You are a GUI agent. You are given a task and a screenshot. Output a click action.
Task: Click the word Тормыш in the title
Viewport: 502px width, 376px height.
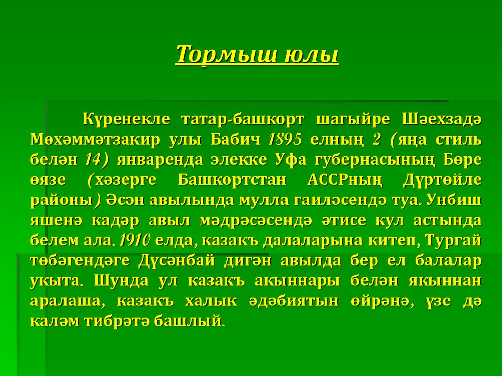point(224,54)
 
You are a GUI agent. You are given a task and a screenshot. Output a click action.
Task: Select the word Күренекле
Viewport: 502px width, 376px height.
point(125,119)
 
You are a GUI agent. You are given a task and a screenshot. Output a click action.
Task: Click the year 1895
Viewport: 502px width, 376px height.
point(284,140)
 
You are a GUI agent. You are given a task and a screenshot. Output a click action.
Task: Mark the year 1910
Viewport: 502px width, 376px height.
point(137,240)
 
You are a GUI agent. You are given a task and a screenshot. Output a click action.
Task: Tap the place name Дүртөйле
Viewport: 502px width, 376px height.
point(442,180)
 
